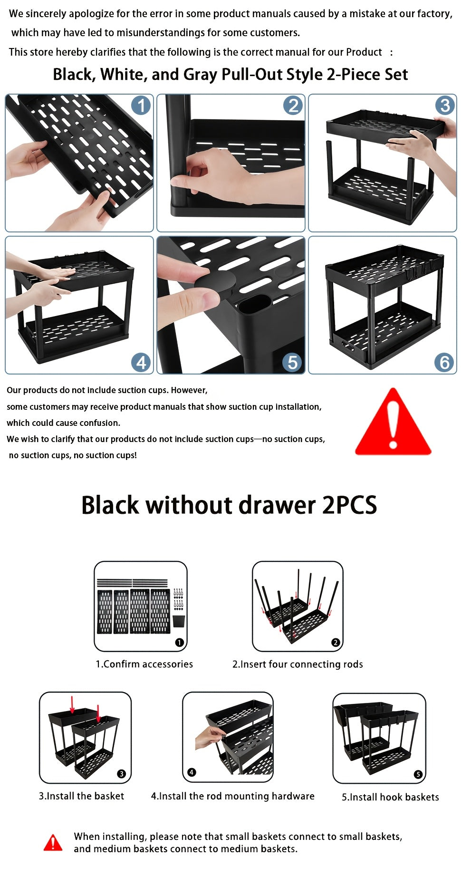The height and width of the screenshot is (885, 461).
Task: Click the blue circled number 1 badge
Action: tap(141, 106)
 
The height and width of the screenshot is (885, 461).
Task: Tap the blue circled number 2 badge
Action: tap(293, 106)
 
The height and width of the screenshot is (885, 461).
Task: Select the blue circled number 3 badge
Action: tap(445, 106)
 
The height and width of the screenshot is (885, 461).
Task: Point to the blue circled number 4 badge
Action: tap(141, 363)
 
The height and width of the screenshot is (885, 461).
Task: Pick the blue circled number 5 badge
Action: tap(292, 363)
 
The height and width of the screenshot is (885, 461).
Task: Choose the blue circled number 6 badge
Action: tap(444, 363)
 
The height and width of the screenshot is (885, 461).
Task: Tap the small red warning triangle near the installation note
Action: tap(53, 843)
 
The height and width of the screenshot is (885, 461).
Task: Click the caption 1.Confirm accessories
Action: tap(144, 664)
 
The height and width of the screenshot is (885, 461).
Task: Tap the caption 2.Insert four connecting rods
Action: tap(298, 664)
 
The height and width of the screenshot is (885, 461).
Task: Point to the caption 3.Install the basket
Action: tap(81, 796)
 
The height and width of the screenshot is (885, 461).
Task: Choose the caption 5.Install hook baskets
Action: tap(390, 797)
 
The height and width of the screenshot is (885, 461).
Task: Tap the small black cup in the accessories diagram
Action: tap(178, 621)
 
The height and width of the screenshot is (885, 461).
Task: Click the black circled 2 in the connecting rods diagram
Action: tap(336, 643)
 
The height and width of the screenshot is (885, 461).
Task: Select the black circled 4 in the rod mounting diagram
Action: tap(192, 772)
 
